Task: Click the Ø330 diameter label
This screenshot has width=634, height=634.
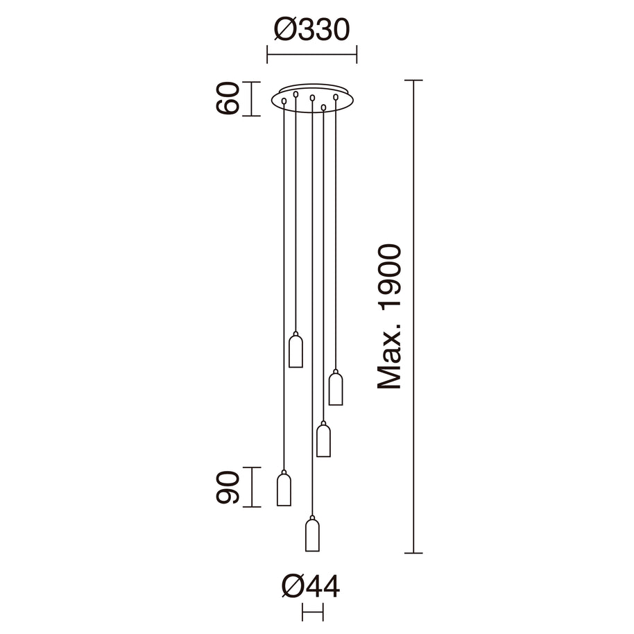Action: coord(311,30)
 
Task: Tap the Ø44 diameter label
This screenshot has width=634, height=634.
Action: coord(311,587)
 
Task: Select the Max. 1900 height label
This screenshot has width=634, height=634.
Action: coord(389,316)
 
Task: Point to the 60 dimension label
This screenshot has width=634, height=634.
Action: coord(228,98)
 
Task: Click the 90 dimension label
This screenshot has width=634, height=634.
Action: coord(228,487)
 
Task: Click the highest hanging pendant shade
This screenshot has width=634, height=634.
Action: coord(295,350)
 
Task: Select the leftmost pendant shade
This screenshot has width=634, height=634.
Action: coord(284,488)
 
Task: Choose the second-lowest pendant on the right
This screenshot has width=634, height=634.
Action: coord(323,439)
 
